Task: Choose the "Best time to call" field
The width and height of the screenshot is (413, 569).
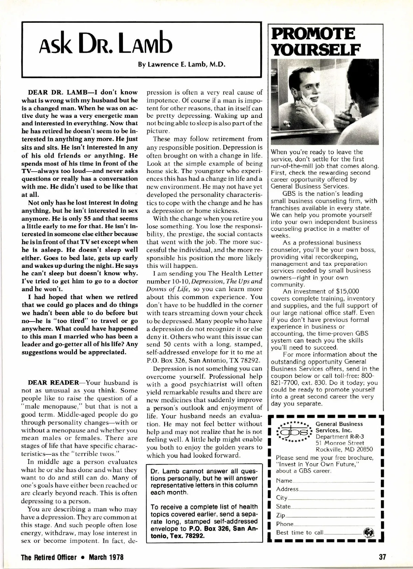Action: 342,533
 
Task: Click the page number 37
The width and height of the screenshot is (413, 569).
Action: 382,557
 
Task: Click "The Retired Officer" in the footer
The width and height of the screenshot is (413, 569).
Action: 49,557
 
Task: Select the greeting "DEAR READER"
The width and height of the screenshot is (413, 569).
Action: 53,383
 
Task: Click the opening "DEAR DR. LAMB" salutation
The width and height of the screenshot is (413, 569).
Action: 58,92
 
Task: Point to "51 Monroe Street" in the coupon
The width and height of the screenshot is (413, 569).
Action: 340,443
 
